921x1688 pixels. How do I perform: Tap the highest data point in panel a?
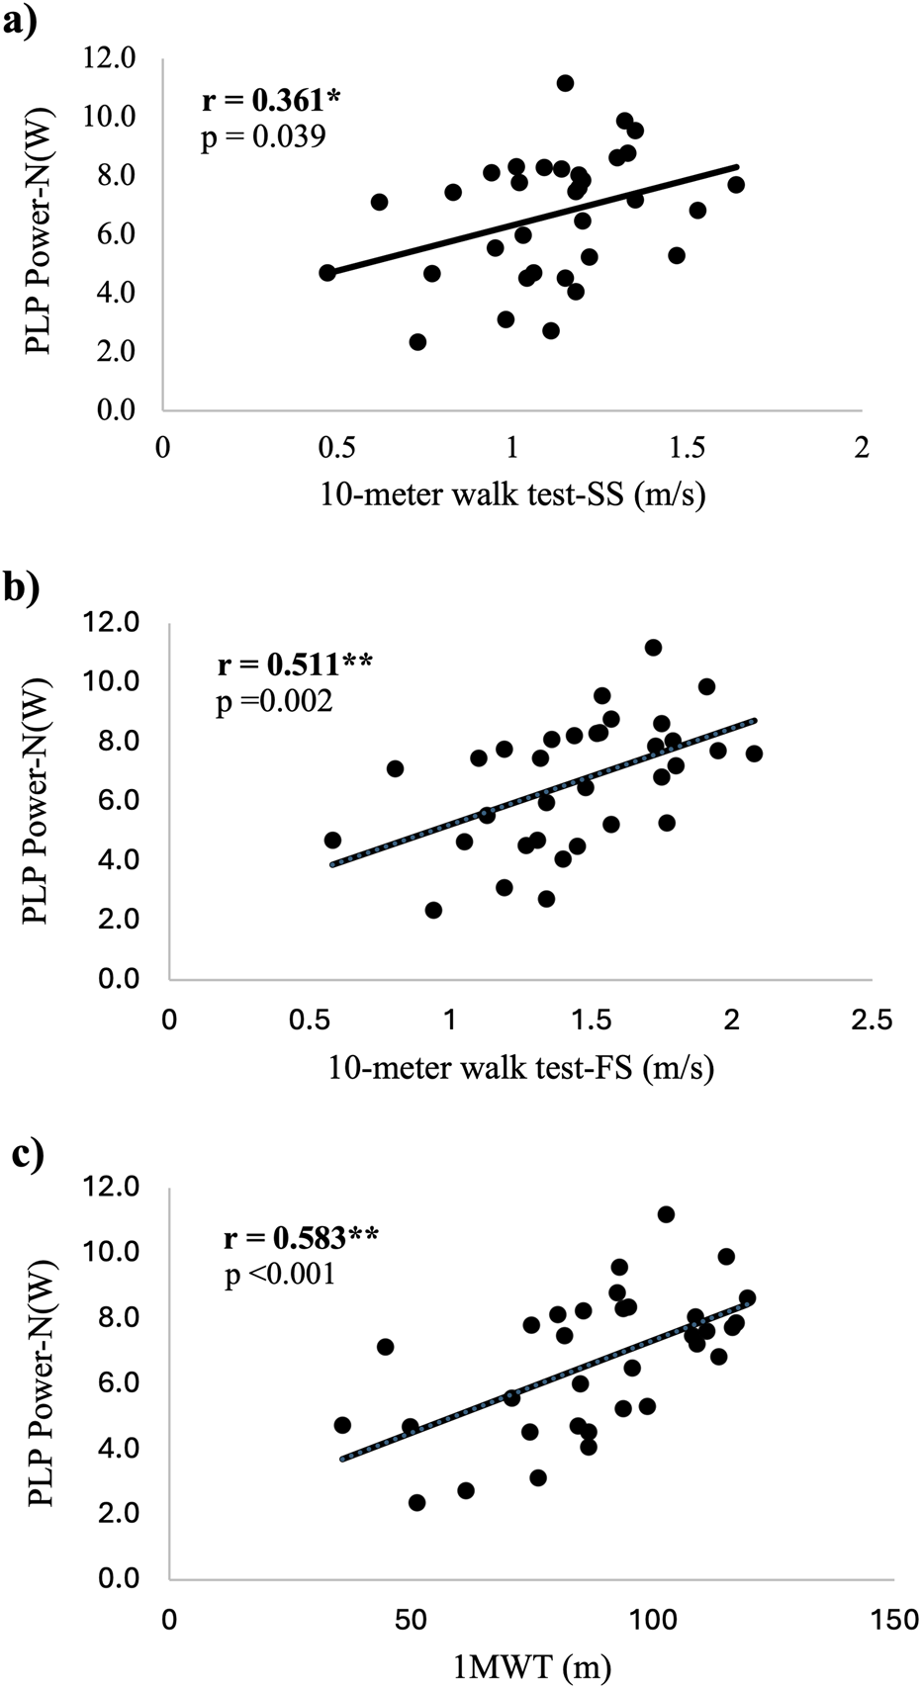click(x=565, y=83)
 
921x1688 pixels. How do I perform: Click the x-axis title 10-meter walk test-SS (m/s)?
click(x=512, y=494)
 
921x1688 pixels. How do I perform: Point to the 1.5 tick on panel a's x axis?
click(x=687, y=447)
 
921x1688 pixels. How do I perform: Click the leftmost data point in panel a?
click(x=327, y=272)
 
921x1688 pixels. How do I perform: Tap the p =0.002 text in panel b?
click(x=275, y=701)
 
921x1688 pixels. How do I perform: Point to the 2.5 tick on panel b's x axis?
click(x=872, y=1019)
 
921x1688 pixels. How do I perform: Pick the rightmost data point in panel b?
click(x=754, y=754)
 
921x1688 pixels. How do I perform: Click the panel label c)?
click(x=21, y=1154)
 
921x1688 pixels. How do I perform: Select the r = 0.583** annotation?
click(x=301, y=1236)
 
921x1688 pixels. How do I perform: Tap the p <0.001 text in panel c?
click(x=281, y=1274)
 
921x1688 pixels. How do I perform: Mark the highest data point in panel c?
click(x=666, y=1214)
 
